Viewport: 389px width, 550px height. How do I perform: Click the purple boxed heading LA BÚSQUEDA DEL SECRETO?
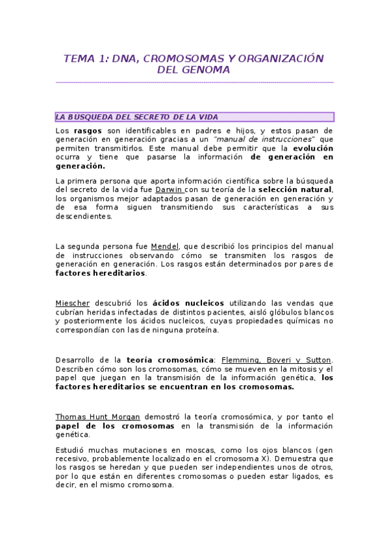tap(194, 117)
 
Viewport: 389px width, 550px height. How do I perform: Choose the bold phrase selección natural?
tap(295, 189)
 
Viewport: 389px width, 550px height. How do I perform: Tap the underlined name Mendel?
tap(165, 246)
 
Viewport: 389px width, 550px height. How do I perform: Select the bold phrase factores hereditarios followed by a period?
tap(100, 273)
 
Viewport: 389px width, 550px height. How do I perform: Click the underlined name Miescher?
tap(73, 303)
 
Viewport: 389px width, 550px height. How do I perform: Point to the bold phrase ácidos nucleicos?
tap(188, 303)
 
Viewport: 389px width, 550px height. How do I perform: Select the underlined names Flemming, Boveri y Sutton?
tap(277, 360)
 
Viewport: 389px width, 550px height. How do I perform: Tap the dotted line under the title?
tap(194, 82)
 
